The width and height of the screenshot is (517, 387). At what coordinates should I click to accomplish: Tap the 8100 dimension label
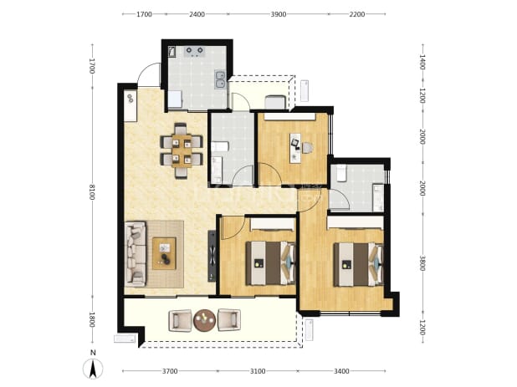coord(92,192)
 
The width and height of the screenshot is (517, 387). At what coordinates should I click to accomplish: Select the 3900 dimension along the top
coord(279,14)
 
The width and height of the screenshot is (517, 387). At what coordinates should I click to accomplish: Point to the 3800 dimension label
coord(422,263)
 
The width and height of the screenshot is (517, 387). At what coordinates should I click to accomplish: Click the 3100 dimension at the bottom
coord(258,371)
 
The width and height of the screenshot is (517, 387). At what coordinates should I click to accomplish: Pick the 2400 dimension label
coord(197,14)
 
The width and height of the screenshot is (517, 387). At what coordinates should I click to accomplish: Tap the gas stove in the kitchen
coord(195,51)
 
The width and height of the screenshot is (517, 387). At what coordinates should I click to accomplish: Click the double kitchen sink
coord(220,79)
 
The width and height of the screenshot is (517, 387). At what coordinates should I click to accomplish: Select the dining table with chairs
coord(182,150)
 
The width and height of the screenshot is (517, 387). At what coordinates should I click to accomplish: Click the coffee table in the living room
coord(164,253)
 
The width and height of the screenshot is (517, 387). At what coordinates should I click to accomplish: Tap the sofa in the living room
coord(136,253)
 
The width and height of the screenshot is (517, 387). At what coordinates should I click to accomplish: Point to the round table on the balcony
coord(204,320)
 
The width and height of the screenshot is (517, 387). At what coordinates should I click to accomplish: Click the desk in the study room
coord(295,148)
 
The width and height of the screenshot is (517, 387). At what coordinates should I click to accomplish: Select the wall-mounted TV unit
coord(212,256)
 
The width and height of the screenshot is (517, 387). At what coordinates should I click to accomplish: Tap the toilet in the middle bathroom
coord(220,146)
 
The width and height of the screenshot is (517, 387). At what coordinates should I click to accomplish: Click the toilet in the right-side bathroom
coord(341,172)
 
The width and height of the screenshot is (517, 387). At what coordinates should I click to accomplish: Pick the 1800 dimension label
coord(92,320)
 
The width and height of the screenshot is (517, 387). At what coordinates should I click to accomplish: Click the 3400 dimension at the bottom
coord(341,371)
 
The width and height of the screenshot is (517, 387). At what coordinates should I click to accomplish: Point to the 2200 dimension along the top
coord(356,14)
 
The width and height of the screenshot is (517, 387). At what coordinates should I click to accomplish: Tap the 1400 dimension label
coord(422,62)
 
